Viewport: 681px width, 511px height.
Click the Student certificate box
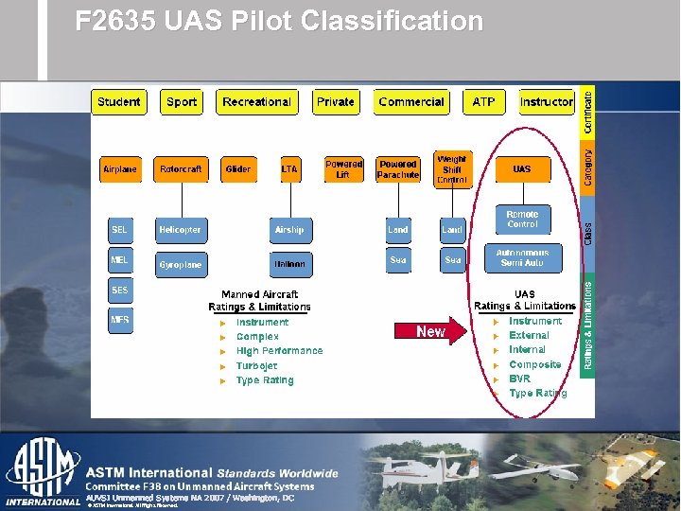(x=118, y=102)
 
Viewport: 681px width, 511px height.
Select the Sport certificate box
(x=182, y=102)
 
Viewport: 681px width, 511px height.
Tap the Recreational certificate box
(x=256, y=102)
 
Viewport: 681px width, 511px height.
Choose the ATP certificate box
(x=483, y=102)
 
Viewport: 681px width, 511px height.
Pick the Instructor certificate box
(x=547, y=102)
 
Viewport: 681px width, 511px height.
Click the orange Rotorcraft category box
(x=180, y=169)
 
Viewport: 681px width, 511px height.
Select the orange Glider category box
(x=238, y=169)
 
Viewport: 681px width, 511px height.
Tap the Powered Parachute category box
(x=398, y=169)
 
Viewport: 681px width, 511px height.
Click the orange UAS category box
(x=522, y=169)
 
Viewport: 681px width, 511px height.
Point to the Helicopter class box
(x=180, y=230)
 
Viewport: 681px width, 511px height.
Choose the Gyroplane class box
(x=180, y=265)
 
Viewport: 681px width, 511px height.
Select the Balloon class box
(x=288, y=265)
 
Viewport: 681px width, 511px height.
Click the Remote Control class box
(x=522, y=220)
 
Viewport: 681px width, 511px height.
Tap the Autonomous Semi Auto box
(x=522, y=257)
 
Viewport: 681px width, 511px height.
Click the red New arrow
(x=430, y=331)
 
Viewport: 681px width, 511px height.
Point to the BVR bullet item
(x=520, y=379)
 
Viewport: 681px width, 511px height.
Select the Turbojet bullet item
(x=256, y=365)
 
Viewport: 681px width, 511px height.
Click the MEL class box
(x=119, y=259)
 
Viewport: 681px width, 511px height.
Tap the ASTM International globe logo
(x=43, y=471)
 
